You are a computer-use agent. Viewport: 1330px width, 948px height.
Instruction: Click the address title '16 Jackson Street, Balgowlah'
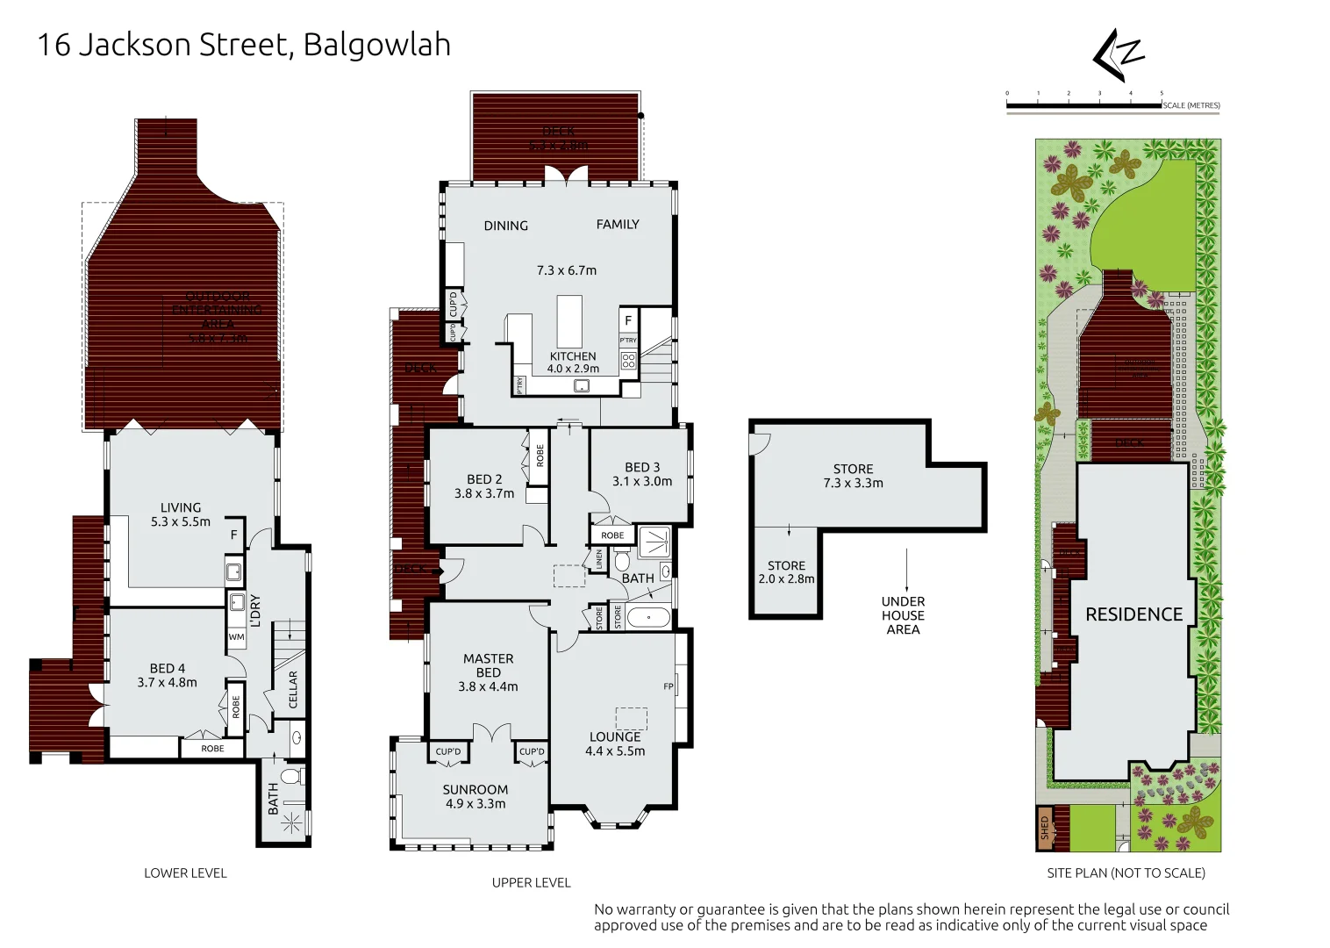pyautogui.click(x=244, y=45)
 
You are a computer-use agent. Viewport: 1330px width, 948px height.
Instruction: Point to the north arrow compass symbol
pyautogui.click(x=1118, y=54)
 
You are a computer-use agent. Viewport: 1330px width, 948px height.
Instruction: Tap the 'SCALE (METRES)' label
pyautogui.click(x=1191, y=105)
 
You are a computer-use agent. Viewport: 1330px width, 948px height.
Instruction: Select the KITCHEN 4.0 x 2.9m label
pyautogui.click(x=573, y=363)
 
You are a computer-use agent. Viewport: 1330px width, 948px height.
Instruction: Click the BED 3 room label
pyautogui.click(x=642, y=474)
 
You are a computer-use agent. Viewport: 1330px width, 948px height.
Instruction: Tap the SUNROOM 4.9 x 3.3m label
pyautogui.click(x=475, y=796)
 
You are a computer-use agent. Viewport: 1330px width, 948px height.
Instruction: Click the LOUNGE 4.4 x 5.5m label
pyautogui.click(x=615, y=743)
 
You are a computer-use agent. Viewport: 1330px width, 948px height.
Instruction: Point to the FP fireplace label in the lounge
pyautogui.click(x=669, y=686)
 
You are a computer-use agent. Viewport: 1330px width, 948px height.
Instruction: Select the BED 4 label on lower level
pyautogui.click(x=167, y=675)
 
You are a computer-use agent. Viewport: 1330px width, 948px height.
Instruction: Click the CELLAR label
pyautogui.click(x=293, y=690)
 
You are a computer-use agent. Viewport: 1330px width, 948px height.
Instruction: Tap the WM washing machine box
pyautogui.click(x=236, y=637)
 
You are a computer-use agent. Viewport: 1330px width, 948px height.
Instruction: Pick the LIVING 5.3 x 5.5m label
pyautogui.click(x=181, y=514)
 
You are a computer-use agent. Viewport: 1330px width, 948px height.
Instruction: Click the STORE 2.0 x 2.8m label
pyautogui.click(x=786, y=572)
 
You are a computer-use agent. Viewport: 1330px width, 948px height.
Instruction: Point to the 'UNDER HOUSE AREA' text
pyautogui.click(x=903, y=615)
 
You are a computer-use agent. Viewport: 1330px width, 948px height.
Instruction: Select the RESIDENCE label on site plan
pyautogui.click(x=1133, y=614)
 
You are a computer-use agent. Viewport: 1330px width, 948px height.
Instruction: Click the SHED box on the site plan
pyautogui.click(x=1044, y=829)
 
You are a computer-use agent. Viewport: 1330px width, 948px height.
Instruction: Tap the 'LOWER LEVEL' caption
pyautogui.click(x=185, y=873)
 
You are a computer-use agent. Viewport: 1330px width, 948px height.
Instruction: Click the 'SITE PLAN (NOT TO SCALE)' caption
pyautogui.click(x=1126, y=873)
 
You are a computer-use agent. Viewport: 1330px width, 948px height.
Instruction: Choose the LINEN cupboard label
pyautogui.click(x=599, y=559)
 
